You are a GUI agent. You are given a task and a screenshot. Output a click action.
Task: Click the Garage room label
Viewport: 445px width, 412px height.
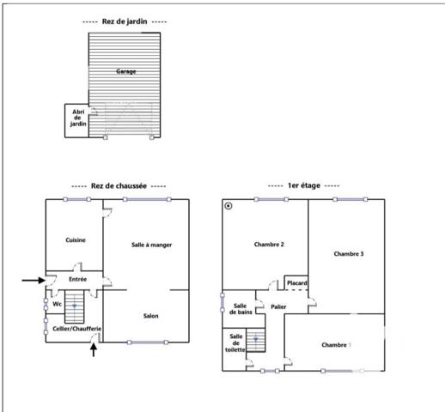(x=125, y=72)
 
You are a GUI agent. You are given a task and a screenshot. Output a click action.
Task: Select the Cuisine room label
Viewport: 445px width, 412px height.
(x=76, y=240)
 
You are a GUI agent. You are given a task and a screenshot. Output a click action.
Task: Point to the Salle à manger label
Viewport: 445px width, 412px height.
(x=152, y=245)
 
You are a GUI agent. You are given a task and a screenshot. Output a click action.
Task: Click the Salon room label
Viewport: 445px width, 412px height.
(x=150, y=316)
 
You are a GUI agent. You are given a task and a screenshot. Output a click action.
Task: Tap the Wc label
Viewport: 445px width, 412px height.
(x=57, y=304)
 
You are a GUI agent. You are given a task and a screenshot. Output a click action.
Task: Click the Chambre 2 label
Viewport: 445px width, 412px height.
(x=269, y=245)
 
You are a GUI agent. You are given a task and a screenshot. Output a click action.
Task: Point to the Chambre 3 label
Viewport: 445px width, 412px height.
(x=349, y=254)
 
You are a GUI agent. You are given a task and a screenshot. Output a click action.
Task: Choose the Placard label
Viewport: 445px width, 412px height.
(x=297, y=283)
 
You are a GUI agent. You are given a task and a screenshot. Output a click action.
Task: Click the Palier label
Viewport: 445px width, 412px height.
(x=277, y=306)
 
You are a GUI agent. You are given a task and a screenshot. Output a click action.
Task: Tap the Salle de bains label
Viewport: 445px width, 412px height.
(x=240, y=310)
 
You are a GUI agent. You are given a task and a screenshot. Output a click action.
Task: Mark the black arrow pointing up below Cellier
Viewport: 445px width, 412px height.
(x=94, y=350)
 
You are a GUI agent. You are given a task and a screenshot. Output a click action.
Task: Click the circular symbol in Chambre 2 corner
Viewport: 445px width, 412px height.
(x=229, y=206)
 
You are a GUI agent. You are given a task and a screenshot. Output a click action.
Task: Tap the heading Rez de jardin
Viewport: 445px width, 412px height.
(x=125, y=21)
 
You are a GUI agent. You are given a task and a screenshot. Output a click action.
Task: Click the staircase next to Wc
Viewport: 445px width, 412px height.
(x=76, y=308)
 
